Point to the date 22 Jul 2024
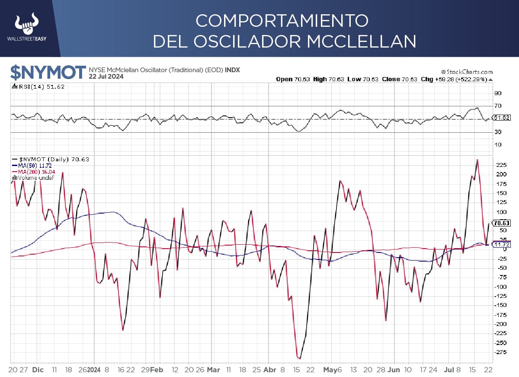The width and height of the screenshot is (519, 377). pyautogui.click(x=106, y=77)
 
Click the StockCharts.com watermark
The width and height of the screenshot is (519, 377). pyautogui.click(x=467, y=72)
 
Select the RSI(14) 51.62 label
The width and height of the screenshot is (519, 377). pyautogui.click(x=39, y=86)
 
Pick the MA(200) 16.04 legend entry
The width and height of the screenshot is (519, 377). pyautogui.click(x=35, y=172)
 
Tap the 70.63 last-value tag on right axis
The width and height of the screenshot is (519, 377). pyautogui.click(x=501, y=223)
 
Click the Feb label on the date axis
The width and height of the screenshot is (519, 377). pyautogui.click(x=158, y=370)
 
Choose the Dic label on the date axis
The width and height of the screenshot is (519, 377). pyautogui.click(x=38, y=370)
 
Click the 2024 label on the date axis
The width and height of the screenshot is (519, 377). pyautogui.click(x=94, y=370)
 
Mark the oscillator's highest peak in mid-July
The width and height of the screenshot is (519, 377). pyautogui.click(x=477, y=160)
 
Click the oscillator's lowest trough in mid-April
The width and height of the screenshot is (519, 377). pyautogui.click(x=299, y=358)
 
